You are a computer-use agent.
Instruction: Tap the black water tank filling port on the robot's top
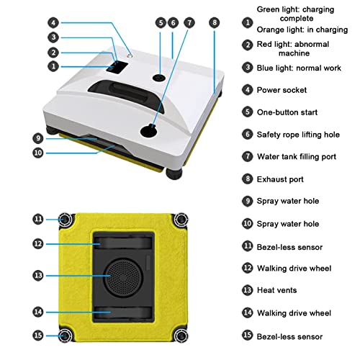[x=149, y=130]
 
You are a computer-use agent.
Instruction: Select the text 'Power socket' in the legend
[x=282, y=90]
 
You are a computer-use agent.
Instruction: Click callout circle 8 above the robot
[x=214, y=23]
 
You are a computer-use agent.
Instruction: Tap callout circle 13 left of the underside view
[x=38, y=274]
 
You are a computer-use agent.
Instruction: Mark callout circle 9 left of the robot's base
[x=38, y=138]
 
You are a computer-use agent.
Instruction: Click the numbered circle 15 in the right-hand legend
[x=247, y=336]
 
